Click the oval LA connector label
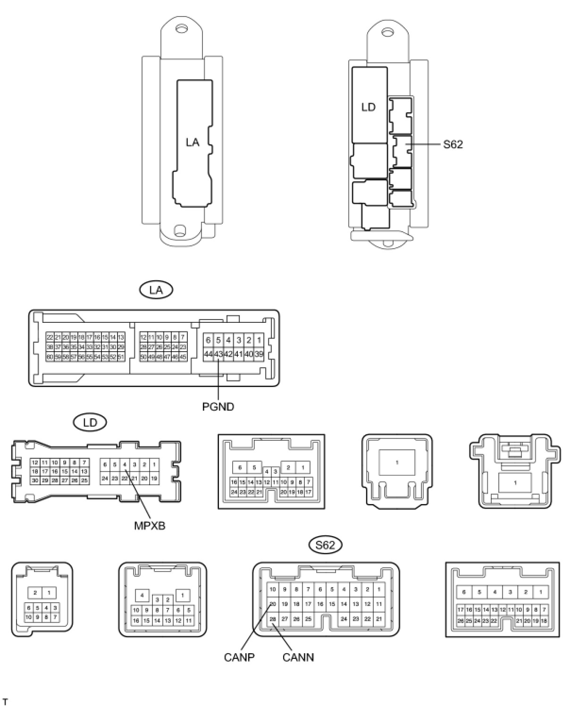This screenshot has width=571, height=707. point(156,290)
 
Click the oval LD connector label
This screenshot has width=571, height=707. point(90,422)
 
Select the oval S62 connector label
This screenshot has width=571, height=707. point(325,545)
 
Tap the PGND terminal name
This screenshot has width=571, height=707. point(218,406)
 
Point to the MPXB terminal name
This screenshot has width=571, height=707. point(150,525)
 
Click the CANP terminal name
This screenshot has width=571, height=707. point(239,657)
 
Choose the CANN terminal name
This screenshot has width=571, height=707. point(298,657)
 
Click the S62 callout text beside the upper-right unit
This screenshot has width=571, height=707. point(453,144)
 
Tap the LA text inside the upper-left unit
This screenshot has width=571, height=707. point(193,142)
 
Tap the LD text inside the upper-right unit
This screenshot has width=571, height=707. point(368,107)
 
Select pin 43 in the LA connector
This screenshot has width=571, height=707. point(218,354)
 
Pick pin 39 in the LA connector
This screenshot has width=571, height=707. point(259,354)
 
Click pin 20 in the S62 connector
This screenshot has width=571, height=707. point(273,604)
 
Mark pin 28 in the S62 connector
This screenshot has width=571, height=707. point(273,619)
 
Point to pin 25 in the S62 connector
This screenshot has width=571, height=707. point(308,619)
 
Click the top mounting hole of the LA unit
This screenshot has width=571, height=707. point(180,29)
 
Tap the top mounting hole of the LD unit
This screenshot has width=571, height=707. point(387,33)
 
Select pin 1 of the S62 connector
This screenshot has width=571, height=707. point(379,589)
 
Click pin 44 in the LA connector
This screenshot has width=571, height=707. point(208,354)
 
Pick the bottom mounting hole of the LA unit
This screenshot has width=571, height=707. point(179,231)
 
